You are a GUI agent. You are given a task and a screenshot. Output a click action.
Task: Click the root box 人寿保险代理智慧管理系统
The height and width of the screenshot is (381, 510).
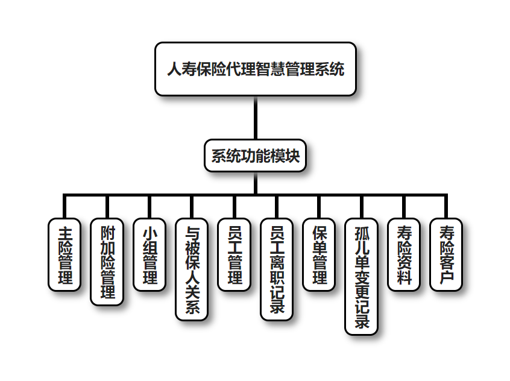coord(255,69)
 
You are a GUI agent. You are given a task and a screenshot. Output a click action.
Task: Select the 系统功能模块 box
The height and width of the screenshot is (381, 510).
coord(255,156)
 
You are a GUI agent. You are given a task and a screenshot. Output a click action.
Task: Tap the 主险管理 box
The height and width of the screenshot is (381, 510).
coord(65,254)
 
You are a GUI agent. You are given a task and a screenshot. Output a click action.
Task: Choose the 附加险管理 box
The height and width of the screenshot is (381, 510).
coord(107,262)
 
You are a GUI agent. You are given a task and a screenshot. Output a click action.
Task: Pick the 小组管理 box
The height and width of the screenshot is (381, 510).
coord(150,254)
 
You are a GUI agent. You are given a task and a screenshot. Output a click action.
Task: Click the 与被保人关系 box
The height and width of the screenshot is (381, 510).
coord(192,269)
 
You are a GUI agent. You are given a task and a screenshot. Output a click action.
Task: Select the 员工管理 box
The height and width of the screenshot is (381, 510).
coord(234,254)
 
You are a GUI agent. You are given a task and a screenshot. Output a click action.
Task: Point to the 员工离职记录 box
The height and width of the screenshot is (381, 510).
coord(277,269)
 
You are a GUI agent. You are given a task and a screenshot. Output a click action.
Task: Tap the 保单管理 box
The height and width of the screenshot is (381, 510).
coord(319,254)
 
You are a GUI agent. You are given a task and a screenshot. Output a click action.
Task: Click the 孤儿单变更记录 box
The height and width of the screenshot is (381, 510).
coord(361,276)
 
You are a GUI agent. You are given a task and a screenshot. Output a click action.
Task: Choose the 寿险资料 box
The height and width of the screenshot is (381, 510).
coord(404,254)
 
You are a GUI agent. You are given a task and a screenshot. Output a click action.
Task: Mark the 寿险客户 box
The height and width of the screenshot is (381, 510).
coord(446,254)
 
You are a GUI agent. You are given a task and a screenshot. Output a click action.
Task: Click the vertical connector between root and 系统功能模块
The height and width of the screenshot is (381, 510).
coord(255,118)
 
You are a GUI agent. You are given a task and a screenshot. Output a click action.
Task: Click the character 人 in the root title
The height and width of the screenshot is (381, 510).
coord(174,69)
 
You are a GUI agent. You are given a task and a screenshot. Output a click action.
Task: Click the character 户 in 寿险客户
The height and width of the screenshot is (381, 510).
coord(447,278)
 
